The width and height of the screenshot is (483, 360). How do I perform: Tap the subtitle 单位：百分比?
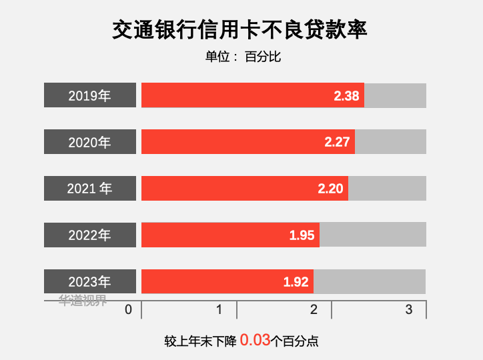tap(243, 57)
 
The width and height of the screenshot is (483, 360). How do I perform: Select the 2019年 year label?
tap(90, 95)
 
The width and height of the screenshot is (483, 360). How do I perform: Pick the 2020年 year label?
tap(90, 142)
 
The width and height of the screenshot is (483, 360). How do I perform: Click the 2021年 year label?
tap(90, 189)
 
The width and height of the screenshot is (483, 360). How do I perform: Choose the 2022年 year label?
tap(90, 235)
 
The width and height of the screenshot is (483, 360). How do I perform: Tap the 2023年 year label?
tap(90, 281)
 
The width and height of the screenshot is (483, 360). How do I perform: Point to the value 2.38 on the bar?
tap(346, 95)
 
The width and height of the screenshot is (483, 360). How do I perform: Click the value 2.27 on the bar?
tap(337, 142)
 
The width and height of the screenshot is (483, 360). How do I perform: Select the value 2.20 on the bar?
tap(330, 189)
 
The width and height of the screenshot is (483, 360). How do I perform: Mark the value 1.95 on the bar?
tap(302, 235)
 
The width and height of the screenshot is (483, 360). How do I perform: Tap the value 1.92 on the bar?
tap(296, 282)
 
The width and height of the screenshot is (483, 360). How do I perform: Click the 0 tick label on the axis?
tap(128, 309)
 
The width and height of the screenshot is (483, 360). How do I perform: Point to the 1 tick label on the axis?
tap(219, 309)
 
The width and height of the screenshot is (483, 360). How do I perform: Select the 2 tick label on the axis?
tap(314, 309)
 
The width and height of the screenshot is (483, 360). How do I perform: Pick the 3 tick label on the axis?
tap(409, 309)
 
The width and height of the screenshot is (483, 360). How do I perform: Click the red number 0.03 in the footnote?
tap(255, 340)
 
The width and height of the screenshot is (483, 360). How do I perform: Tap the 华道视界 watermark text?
tap(83, 300)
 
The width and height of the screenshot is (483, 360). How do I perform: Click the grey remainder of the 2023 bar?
tap(370, 281)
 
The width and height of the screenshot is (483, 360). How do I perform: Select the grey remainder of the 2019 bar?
tap(395, 95)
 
